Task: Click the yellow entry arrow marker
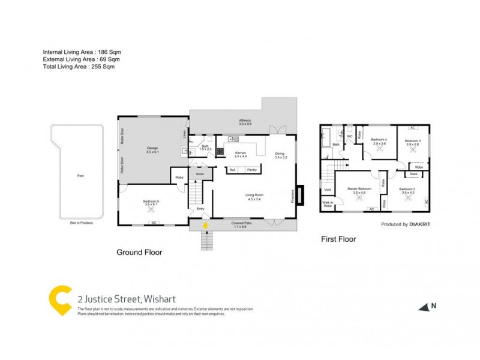[205, 226]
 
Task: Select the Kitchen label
[240, 153]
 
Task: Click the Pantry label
[251, 170]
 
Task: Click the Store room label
[200, 174]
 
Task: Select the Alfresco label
[245, 121]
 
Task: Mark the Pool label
[80, 176]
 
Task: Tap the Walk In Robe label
[327, 204]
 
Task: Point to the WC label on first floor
[349, 136]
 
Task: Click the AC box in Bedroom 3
[412, 128]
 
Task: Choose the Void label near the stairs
[327, 190]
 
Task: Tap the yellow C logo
[60, 299]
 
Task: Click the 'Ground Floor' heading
[139, 253]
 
